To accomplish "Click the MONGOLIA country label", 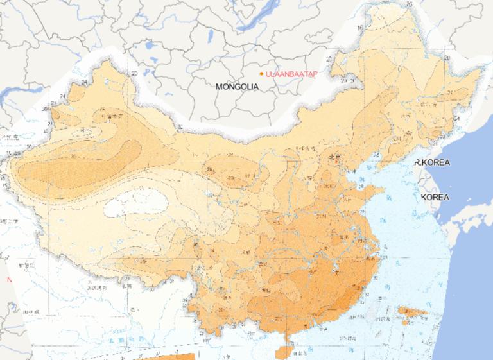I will [237, 86].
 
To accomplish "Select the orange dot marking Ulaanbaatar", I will [261, 74].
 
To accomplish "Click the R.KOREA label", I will [432, 162].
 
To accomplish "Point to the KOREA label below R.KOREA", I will [435, 197].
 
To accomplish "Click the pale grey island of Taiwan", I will [372, 311].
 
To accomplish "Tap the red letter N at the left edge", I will [9, 280].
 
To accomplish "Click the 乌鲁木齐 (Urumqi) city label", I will [116, 117].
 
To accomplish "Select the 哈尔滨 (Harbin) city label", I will [426, 103].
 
